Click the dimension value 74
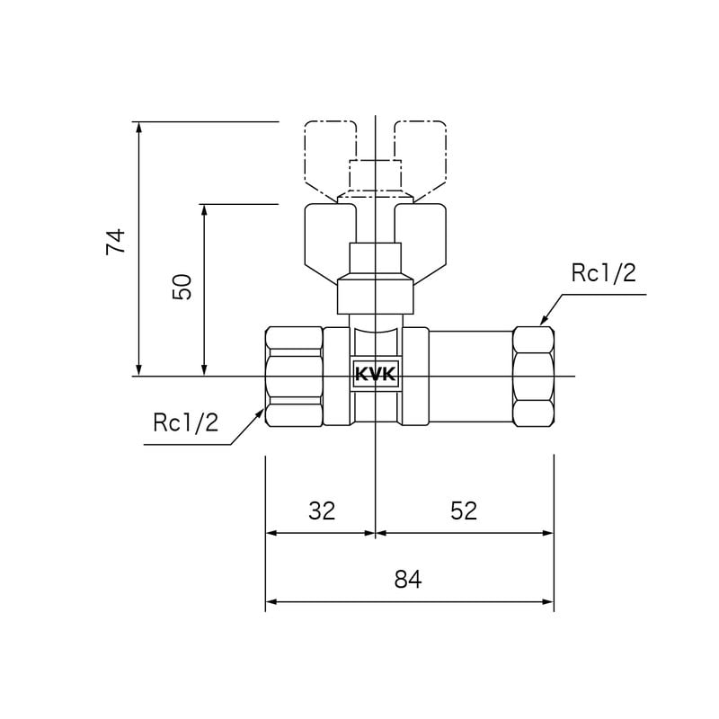(116, 243)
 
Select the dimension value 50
(182, 288)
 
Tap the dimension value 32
(321, 510)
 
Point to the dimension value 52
(463, 510)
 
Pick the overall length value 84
(408, 580)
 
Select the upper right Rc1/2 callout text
(603, 273)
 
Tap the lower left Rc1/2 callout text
(185, 422)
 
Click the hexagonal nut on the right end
(533, 376)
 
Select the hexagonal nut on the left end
(294, 376)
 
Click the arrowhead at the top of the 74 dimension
(138, 127)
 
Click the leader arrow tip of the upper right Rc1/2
(540, 323)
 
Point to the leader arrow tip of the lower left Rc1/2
(263, 411)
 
